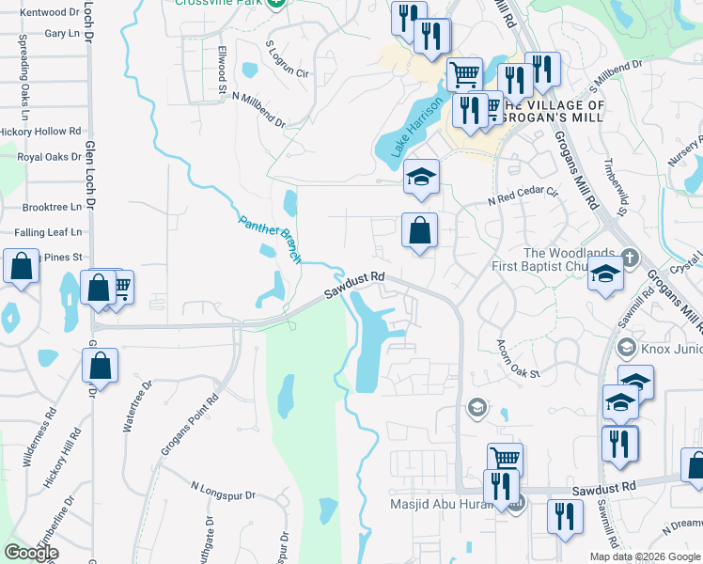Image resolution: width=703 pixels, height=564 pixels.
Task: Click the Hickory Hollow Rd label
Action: [39, 132]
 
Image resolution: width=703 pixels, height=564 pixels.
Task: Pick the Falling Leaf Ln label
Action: [48, 231]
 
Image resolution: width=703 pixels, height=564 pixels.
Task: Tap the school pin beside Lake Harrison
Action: [421, 176]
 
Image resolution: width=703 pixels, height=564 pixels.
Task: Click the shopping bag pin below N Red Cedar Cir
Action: [420, 230]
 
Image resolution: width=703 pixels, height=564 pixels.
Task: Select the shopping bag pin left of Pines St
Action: [22, 266]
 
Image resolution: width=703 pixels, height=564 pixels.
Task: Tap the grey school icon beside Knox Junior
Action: [626, 348]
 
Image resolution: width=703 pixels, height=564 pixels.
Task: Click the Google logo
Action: [30, 553]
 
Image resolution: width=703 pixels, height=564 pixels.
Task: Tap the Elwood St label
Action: [223, 62]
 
